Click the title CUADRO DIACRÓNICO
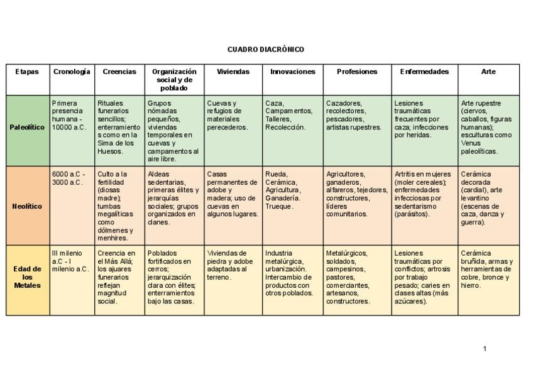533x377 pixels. coord(265,49)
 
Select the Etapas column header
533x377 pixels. coord(27,72)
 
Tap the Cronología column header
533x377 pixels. coord(72,72)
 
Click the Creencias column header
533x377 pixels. coord(119,72)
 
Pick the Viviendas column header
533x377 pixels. coord(233,72)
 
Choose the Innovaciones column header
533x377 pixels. coord(292,72)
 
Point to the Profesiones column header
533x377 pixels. coord(357,72)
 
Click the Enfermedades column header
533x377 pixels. coord(424,72)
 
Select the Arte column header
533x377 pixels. coord(488,72)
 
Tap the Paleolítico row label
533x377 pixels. coord(28,127)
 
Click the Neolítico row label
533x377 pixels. coord(28,206)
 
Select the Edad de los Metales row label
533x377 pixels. coord(28,277)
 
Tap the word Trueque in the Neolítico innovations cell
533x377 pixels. coord(278,206)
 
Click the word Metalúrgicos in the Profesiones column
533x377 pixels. coord(347,253)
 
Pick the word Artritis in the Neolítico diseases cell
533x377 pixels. coord(406,174)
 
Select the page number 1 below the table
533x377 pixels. coord(485,349)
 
